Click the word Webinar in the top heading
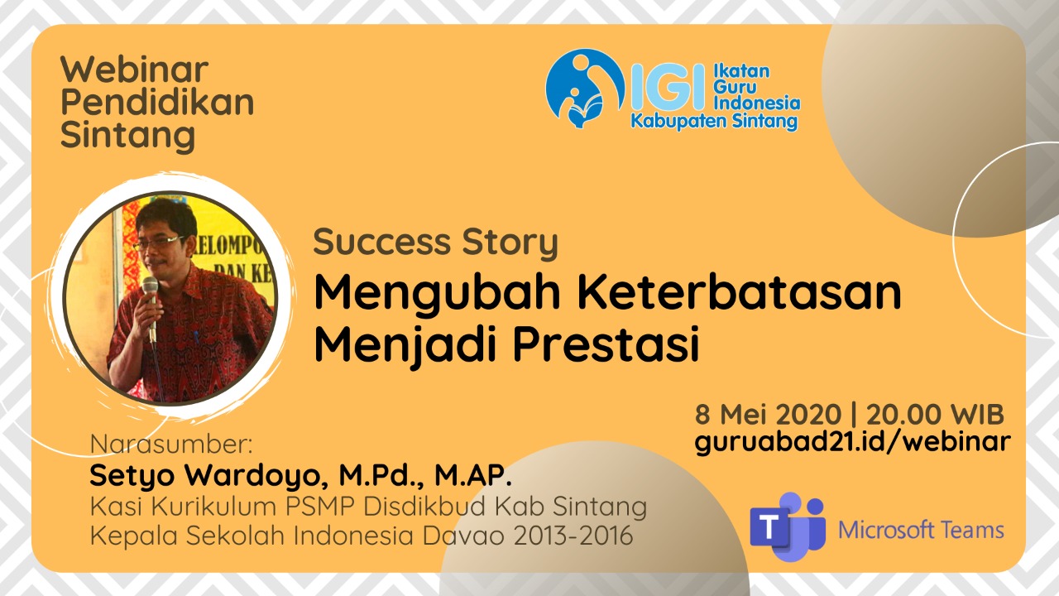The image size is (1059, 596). point(135,70)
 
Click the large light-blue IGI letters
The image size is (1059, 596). point(668,88)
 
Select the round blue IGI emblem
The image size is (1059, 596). point(585,89)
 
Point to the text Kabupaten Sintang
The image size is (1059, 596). point(714,122)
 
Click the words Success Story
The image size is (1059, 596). point(435,243)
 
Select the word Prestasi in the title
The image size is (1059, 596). point(606,344)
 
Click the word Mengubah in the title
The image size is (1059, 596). point(438,294)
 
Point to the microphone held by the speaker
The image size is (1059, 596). point(151,307)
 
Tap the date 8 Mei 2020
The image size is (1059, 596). point(768,415)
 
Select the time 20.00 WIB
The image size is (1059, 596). point(935,415)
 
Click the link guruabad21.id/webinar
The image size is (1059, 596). point(852,443)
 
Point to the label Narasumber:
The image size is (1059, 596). point(171,445)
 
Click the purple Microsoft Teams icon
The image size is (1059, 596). point(788,526)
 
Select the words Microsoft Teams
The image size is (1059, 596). point(921,530)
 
